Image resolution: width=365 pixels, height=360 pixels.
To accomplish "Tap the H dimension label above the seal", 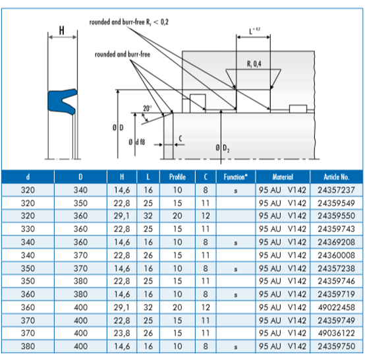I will click(x=61, y=30).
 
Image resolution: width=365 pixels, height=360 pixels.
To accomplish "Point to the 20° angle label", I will click(x=146, y=107).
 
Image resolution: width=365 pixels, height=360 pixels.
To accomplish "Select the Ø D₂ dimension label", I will click(x=222, y=149).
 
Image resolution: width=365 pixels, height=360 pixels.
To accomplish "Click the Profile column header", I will click(x=177, y=177).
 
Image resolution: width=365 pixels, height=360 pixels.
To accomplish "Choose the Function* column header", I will click(x=235, y=177).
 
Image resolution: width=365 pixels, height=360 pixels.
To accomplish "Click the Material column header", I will click(x=282, y=177).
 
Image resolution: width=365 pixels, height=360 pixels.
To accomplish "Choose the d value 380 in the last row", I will click(x=27, y=345).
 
